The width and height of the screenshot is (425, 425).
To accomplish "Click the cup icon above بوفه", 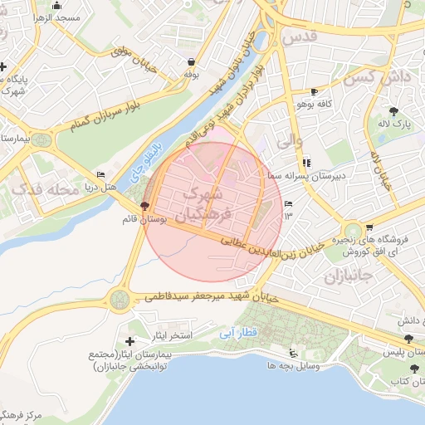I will tap(193, 61).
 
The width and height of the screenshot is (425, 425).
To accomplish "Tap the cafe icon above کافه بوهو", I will tap(314, 91).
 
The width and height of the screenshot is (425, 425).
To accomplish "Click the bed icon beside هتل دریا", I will tap(100, 174).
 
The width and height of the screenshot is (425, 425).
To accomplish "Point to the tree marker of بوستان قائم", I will tap(145, 205).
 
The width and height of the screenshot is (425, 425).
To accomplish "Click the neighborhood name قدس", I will tap(300, 38).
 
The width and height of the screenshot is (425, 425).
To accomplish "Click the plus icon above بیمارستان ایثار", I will tap(129, 340).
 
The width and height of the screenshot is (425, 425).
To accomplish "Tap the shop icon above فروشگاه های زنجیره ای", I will tap(369, 227).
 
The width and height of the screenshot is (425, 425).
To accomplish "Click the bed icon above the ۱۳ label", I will tap(288, 204).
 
